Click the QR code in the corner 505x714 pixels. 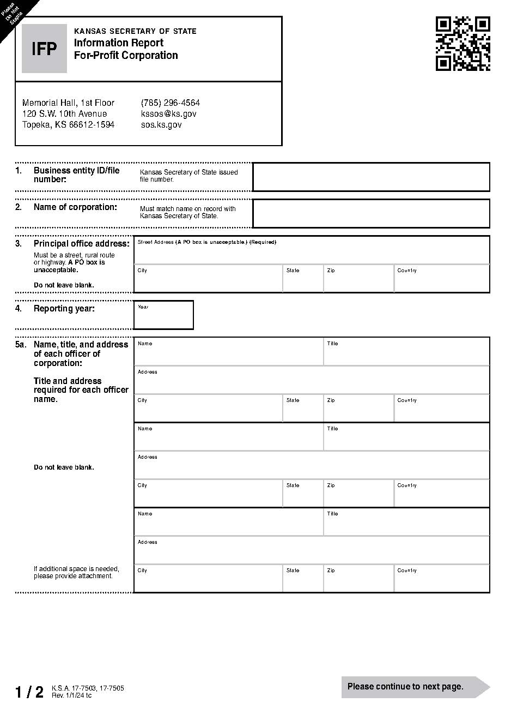click(463, 44)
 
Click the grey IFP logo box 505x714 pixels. click(44, 49)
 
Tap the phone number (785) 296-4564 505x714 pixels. click(170, 103)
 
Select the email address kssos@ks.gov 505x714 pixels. click(168, 113)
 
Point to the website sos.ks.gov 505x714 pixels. click(161, 124)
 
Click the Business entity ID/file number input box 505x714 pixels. click(371, 177)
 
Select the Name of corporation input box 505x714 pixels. click(371, 213)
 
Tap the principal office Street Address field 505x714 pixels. click(312, 253)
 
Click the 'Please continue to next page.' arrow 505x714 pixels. click(415, 687)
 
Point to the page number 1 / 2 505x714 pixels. click(29, 692)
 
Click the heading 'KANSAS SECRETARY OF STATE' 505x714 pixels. click(135, 31)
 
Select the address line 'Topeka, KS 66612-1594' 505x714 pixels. click(68, 124)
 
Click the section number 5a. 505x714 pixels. click(20, 345)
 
